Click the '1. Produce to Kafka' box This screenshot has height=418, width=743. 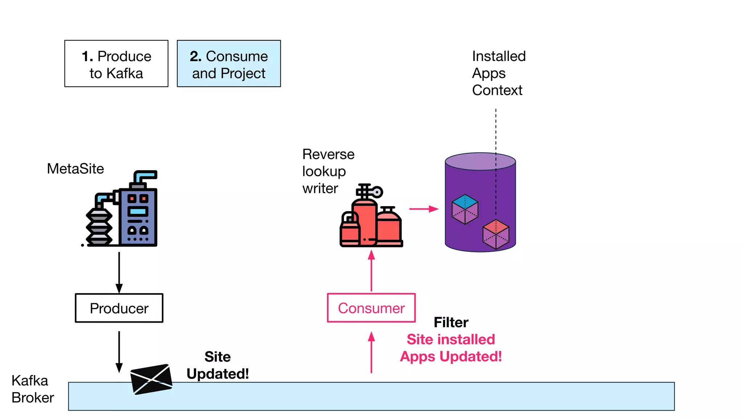(x=116, y=63)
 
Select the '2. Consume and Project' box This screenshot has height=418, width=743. (x=229, y=63)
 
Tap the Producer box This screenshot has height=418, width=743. (x=119, y=308)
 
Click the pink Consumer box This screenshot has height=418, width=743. (x=371, y=308)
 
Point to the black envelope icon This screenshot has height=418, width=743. (x=151, y=379)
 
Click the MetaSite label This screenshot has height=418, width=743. (x=75, y=169)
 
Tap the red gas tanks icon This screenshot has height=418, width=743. (x=371, y=218)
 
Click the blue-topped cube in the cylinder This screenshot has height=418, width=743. (x=465, y=209)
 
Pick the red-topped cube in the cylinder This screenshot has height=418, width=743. (x=496, y=234)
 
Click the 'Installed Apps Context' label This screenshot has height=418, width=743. (x=498, y=73)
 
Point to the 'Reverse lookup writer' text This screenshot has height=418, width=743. (x=328, y=171)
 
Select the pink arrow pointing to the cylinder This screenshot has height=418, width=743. (x=423, y=209)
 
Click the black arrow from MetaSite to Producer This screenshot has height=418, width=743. (x=119, y=272)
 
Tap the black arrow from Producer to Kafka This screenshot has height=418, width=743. (x=119, y=351)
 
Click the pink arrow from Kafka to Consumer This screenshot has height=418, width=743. (x=371, y=352)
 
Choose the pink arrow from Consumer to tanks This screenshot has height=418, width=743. (x=371, y=270)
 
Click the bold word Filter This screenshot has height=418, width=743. (x=451, y=322)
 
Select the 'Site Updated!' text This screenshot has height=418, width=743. (x=218, y=365)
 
